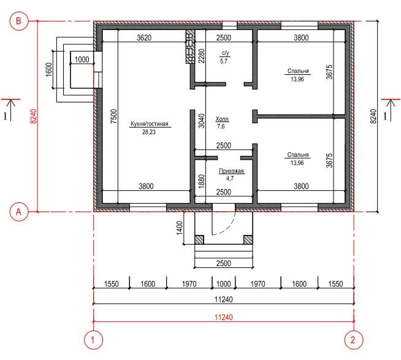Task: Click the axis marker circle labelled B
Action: [18, 21]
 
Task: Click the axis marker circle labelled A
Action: [18, 212]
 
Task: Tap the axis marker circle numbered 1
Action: [93, 340]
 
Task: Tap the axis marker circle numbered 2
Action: [354, 340]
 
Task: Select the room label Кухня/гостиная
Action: [150, 124]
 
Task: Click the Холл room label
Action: [222, 119]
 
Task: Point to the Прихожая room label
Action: [231, 171]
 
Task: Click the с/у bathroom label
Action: [225, 53]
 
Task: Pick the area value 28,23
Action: [149, 132]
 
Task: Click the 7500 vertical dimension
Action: [114, 117]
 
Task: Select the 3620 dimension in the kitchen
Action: [144, 37]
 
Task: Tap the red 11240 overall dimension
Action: [224, 317]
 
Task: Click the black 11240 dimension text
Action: [224, 299]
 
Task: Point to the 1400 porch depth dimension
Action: [180, 228]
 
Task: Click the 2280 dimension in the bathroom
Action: [202, 56]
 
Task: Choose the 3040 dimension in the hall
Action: [202, 121]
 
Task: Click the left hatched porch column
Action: [199, 240]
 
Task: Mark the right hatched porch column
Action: [248, 240]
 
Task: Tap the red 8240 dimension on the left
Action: [34, 117]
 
